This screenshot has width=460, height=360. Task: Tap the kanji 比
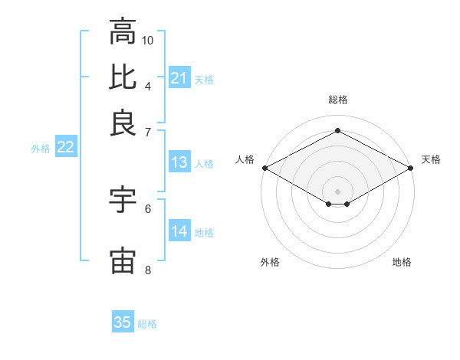coord(123,77)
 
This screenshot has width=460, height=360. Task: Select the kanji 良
coord(123,123)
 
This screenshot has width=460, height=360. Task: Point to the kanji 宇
coord(123,201)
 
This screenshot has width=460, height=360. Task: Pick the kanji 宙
coord(123,260)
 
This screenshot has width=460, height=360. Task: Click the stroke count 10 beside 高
coord(148,40)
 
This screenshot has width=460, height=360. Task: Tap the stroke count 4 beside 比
coord(148,85)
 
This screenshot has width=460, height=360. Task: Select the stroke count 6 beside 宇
coord(148,208)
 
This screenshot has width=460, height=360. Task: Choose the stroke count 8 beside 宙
coord(148,269)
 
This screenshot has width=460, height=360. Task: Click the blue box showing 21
coord(179,78)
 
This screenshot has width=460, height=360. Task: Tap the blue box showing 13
coord(179,162)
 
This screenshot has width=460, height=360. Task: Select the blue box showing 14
coord(179,231)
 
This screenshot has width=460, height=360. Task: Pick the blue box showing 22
coord(65,148)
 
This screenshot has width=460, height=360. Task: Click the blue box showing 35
coord(123,322)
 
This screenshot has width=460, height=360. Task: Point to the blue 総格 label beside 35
coord(147,324)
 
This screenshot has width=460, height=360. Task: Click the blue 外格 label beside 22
coord(41,149)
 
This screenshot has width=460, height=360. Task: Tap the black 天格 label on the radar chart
coord(431,159)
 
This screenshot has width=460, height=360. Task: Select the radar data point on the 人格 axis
coord(264,168)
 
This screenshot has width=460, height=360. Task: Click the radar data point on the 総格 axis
coord(337,130)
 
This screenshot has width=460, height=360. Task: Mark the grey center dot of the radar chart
coord(337,191)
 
